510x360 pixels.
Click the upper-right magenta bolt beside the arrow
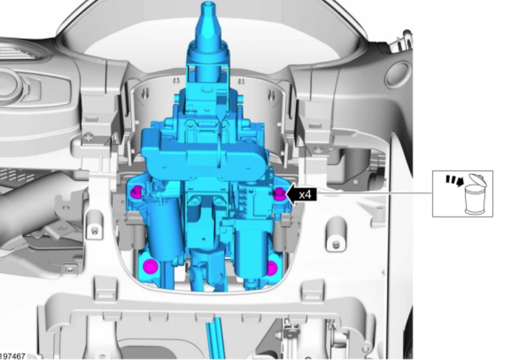[279, 194]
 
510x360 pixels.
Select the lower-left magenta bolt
[150, 266]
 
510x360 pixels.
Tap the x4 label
[305, 194]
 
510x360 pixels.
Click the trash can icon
[476, 194]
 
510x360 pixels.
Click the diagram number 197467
[12, 357]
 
